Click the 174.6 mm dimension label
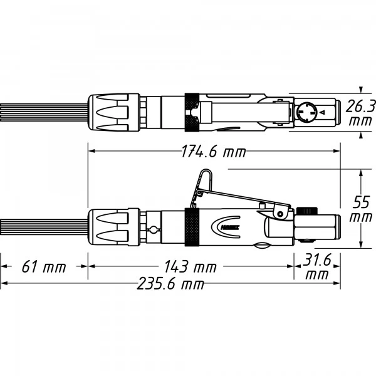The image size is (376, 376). (214, 152)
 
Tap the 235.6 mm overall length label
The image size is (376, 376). (170, 284)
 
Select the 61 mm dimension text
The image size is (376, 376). (44, 267)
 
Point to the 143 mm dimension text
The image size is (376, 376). (191, 267)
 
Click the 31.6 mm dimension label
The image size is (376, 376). (316, 267)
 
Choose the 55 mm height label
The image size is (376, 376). (361, 209)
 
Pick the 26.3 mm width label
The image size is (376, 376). (360, 113)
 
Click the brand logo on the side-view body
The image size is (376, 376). (226, 227)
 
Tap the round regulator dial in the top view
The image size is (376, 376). (306, 112)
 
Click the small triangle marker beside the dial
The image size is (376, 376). (323, 112)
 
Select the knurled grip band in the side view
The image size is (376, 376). (192, 227)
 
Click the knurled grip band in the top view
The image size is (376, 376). (192, 112)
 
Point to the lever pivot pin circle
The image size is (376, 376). (280, 214)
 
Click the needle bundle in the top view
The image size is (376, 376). (44, 112)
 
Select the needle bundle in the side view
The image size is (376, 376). (44, 227)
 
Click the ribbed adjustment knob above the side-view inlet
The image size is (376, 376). (307, 211)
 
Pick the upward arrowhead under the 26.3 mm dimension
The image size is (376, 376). (361, 136)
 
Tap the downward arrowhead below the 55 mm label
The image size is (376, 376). (361, 244)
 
